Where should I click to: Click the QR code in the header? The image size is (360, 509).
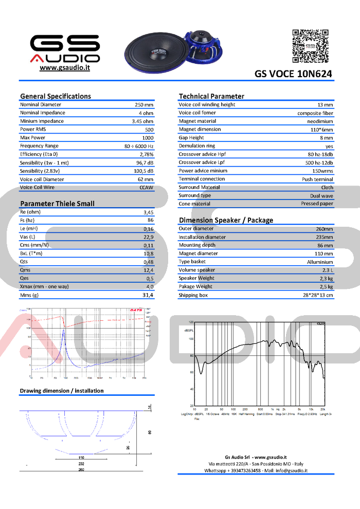coord(311,46)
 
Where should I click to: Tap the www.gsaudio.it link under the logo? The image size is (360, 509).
coord(64,68)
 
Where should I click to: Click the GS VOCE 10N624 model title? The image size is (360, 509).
coord(293,74)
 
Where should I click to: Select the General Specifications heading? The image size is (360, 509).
coord(55,96)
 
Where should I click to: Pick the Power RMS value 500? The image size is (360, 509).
coord(149,130)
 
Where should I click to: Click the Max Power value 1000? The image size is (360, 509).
coord(148,138)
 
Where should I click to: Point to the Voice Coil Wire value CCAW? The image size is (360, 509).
coord(147,188)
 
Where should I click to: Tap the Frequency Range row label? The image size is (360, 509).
coord(39,146)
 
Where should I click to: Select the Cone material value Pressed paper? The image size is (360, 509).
coord(317,204)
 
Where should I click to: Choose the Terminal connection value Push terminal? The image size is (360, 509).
coord(317,179)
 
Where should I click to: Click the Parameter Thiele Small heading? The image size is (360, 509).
coord(57,204)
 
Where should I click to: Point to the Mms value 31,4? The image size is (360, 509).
coord(148,295)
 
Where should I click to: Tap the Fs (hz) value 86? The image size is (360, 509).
coord(150,220)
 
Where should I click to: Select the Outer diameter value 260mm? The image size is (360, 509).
coord(324,229)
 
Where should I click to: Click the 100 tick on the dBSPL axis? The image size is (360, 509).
coord(191,339)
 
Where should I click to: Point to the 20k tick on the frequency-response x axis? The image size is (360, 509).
coord(322,409)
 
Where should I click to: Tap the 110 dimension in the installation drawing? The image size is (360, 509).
coord(81,457)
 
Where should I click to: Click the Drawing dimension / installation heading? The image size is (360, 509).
coord(62,391)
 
